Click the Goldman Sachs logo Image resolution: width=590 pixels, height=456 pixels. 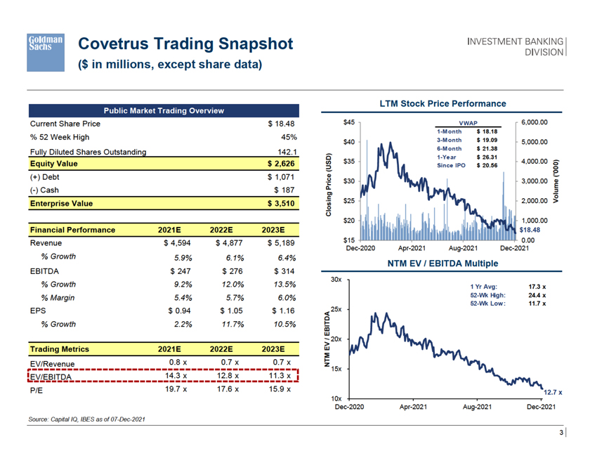point(46,51)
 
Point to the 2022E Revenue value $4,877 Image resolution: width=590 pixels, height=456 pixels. point(225,244)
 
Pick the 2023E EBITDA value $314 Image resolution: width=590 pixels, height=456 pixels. point(277,271)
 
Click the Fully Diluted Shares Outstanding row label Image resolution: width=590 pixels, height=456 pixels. point(88,152)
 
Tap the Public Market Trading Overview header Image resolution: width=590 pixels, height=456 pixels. point(164,110)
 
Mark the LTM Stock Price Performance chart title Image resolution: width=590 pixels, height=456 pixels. point(442,103)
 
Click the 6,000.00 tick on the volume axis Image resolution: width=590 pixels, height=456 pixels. point(535,122)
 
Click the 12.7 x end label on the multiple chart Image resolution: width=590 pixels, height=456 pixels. point(554,391)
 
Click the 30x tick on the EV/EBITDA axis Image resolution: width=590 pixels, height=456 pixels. point(336,280)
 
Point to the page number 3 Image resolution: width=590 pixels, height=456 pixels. point(561,432)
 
